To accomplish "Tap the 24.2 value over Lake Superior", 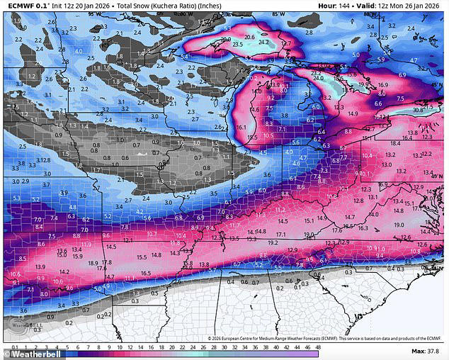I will point(264,42).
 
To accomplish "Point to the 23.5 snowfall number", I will point(237,45).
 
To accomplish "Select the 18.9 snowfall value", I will point(93,263).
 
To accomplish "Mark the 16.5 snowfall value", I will point(145,273).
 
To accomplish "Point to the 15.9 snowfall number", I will point(77,255).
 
